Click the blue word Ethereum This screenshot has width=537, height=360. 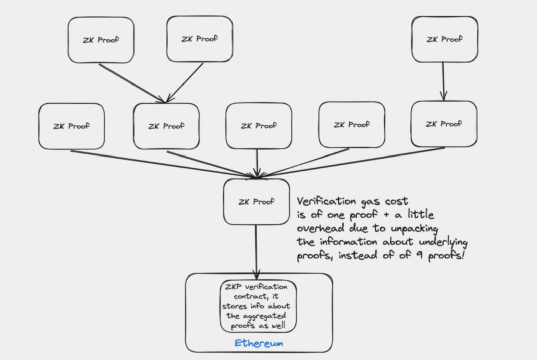click(x=259, y=343)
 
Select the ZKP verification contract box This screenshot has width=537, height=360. click(x=258, y=306)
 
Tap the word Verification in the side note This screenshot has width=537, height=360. click(x=326, y=201)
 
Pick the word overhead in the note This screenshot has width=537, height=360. click(x=320, y=229)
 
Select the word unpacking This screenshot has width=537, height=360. click(x=414, y=229)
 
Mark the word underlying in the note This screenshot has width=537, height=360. click(x=443, y=242)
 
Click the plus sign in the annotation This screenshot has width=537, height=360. click(x=386, y=215)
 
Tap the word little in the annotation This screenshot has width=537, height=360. click(x=420, y=215)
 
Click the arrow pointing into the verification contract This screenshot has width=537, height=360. click(x=256, y=250)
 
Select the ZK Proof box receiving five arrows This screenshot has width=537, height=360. click(x=257, y=202)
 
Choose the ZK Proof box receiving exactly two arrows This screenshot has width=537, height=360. click(x=166, y=126)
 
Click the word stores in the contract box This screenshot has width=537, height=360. click(x=235, y=306)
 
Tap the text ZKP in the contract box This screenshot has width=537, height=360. click(x=233, y=287)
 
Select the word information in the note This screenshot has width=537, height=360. click(x=348, y=242)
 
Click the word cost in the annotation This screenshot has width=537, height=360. click(x=396, y=201)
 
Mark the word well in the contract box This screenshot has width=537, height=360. click(x=278, y=326)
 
